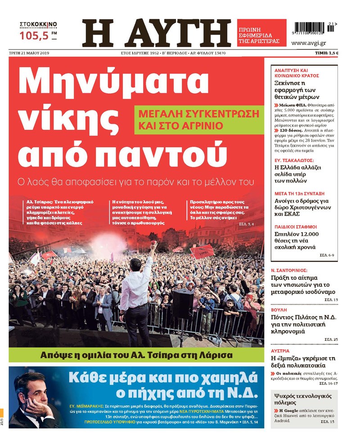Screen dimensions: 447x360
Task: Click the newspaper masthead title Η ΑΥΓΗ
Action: point(156,34)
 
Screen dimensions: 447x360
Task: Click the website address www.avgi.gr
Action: point(308,43)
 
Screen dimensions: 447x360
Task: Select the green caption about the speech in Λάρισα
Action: point(136,354)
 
